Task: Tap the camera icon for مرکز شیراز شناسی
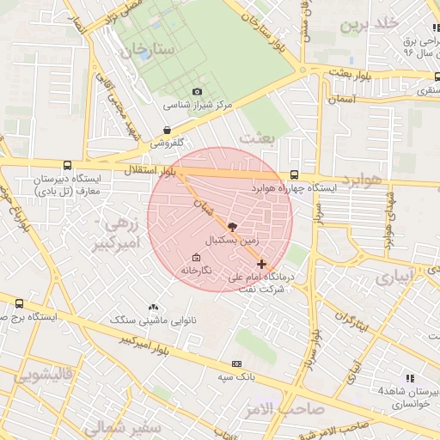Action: point(198,92)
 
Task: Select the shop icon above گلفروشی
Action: point(167,131)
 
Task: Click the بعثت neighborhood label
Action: point(255,138)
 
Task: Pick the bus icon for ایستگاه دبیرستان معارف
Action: point(67,166)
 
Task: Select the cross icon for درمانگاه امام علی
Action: point(261,264)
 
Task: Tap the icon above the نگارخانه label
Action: point(196,257)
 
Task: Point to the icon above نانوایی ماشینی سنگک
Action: point(153,307)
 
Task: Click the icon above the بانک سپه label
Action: point(237,364)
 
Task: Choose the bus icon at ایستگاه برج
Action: point(20,303)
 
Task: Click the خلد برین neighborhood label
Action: point(358,24)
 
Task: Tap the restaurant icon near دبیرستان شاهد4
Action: point(410,377)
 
